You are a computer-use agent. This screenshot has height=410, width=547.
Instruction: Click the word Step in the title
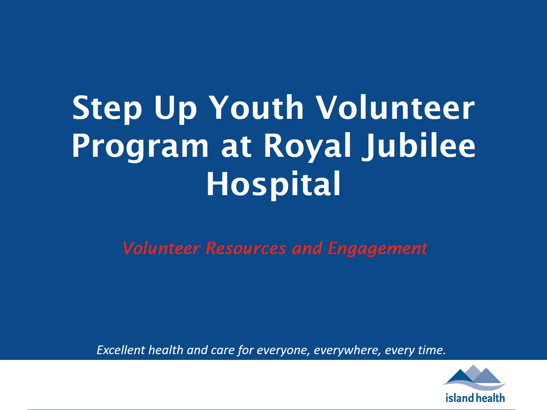[x=107, y=109]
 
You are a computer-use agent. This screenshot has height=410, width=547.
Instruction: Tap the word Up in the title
[x=175, y=109]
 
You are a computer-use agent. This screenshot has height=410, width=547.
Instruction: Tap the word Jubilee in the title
[x=419, y=146]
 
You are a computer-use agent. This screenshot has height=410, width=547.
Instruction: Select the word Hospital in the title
[x=273, y=184]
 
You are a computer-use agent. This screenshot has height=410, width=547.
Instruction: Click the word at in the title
[x=236, y=147]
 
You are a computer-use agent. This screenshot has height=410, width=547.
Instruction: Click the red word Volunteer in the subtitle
[x=161, y=248]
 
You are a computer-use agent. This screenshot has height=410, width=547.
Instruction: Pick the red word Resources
[x=245, y=248]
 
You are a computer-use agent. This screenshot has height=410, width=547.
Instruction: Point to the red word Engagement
[x=377, y=249]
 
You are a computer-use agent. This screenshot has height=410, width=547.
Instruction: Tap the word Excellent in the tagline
[x=121, y=350]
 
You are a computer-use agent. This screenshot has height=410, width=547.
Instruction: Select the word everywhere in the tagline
[x=347, y=350]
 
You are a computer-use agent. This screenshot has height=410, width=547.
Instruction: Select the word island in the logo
[x=460, y=398]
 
